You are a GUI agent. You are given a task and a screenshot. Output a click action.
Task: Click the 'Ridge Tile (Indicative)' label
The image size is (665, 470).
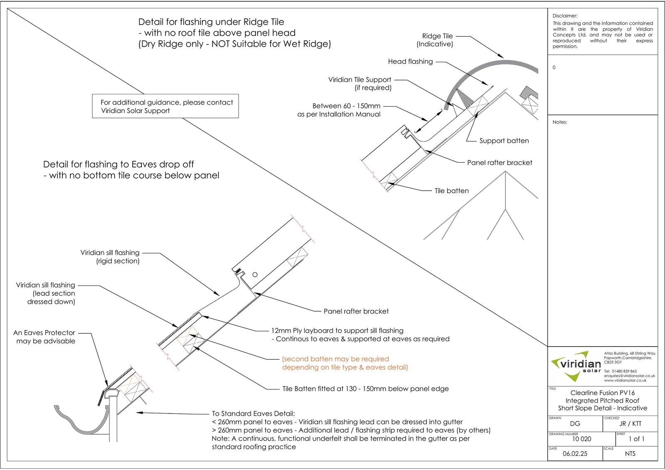click(x=435, y=40)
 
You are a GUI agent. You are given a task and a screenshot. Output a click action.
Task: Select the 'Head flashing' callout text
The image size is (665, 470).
click(x=410, y=62)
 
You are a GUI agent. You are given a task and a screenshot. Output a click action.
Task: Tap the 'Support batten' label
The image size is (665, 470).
click(x=504, y=141)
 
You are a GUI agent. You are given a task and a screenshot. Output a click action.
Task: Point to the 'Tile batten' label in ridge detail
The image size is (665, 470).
click(x=451, y=191)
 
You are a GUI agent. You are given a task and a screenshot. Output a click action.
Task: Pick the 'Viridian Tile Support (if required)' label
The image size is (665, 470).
click(x=360, y=84)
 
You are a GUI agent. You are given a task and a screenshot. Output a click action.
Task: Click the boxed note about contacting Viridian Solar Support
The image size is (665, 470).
click(x=165, y=106)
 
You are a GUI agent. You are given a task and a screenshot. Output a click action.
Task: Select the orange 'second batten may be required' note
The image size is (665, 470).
click(x=345, y=363)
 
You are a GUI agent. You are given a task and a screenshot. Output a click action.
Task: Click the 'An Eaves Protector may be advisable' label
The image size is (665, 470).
click(x=44, y=337)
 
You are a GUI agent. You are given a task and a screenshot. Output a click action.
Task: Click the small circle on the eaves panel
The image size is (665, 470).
click(x=255, y=275)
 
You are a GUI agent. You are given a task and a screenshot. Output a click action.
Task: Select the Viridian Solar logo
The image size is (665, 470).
click(x=576, y=366)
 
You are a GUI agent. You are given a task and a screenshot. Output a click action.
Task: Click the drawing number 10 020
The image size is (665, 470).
click(x=581, y=439)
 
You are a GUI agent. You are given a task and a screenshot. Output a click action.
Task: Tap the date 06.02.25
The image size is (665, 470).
click(x=575, y=454)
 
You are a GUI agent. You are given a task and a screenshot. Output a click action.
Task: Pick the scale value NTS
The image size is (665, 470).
click(x=630, y=454)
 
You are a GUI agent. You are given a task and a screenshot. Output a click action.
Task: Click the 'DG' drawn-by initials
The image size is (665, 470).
click(x=575, y=424)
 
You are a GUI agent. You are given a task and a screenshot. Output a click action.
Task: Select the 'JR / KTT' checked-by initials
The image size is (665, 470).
click(x=630, y=424)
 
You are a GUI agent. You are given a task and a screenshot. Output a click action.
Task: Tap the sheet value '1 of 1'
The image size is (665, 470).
click(x=636, y=439)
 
